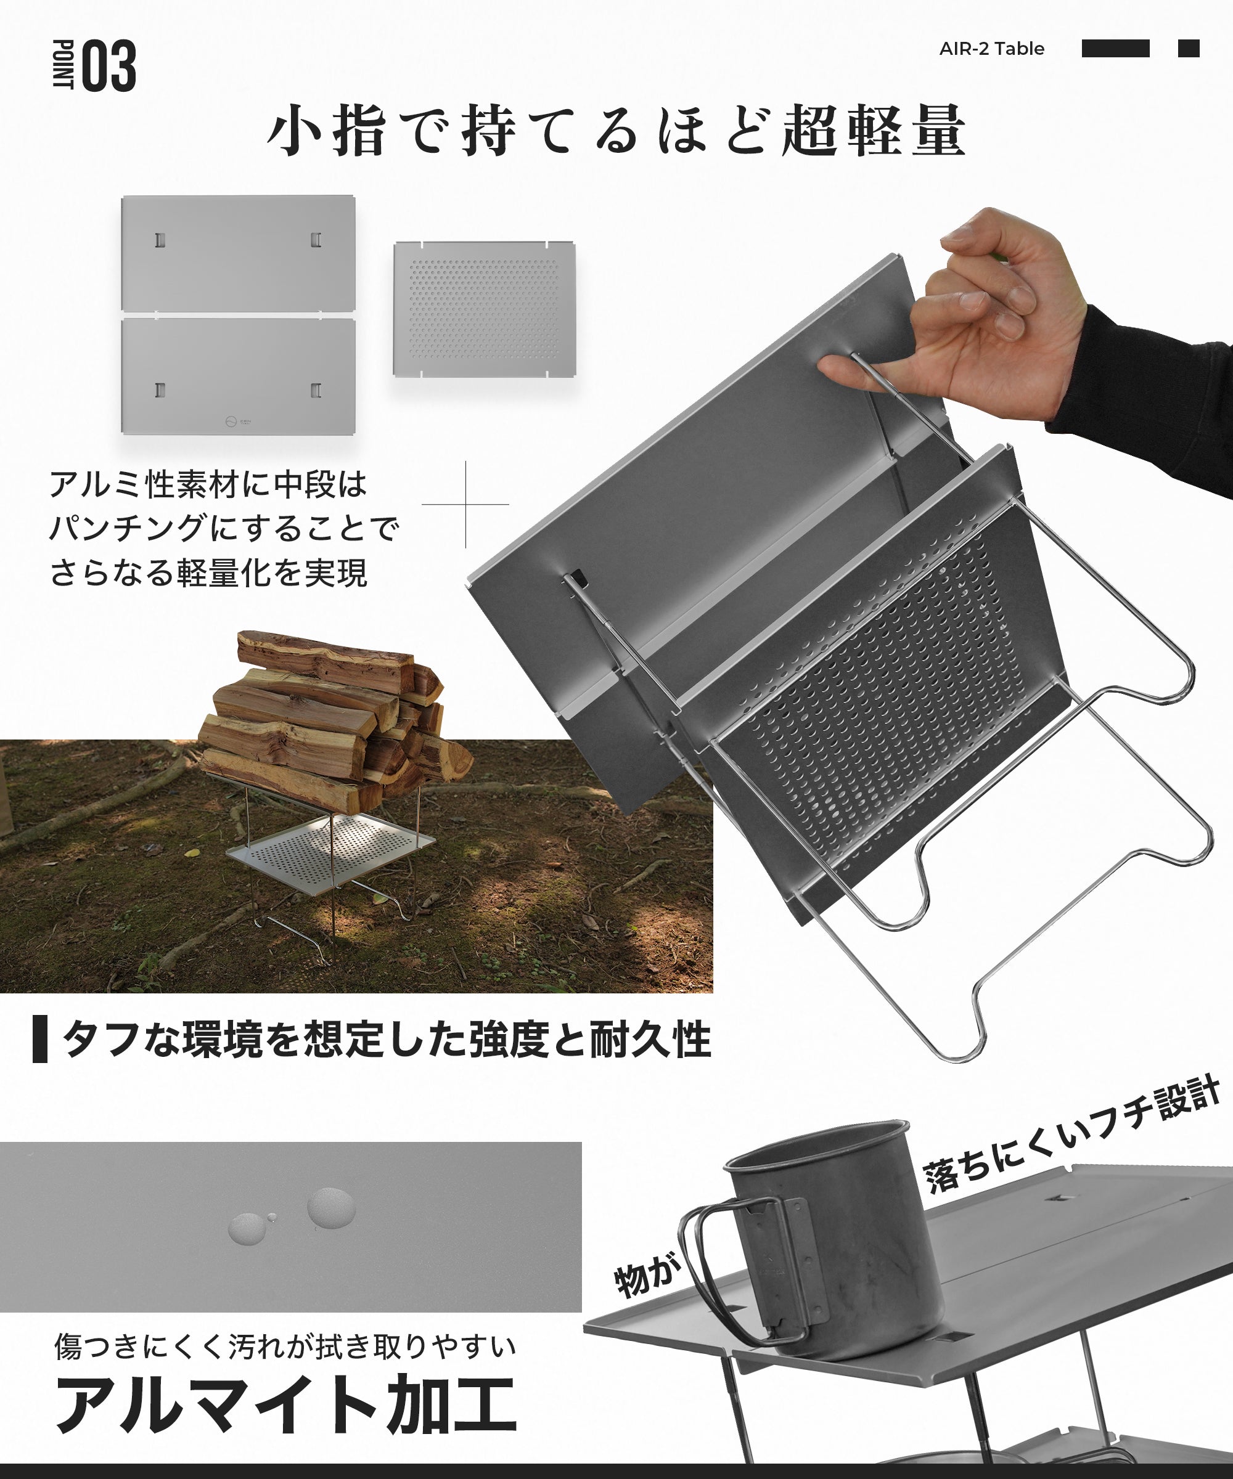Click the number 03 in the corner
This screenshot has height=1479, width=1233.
coord(110,66)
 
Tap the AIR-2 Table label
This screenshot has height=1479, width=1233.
coord(991,49)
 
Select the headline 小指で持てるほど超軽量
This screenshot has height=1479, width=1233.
coord(616,130)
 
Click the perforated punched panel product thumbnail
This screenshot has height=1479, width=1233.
coord(484,310)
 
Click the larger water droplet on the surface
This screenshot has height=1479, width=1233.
coord(330,1207)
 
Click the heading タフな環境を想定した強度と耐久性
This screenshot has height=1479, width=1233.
coord(386,1040)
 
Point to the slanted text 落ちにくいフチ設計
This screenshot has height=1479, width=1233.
coord(1071,1134)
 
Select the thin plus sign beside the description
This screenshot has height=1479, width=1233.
coord(465,504)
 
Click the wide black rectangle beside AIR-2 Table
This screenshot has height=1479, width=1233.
coord(1115,49)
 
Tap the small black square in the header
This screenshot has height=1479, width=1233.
coord(1189,49)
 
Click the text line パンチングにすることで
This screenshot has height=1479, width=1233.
coord(224,528)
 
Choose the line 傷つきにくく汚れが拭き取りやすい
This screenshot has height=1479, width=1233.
coord(285,1347)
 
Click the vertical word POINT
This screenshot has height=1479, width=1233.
coord(64,65)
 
